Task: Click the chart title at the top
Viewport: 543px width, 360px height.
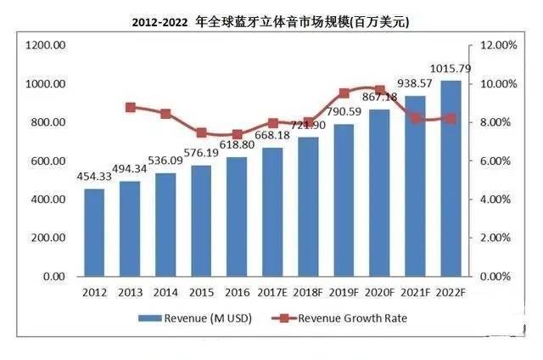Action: pos(271,20)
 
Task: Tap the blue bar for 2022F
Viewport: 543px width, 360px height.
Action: pos(451,178)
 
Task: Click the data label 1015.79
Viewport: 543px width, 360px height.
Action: pos(451,67)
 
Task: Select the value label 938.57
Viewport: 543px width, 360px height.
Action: pos(416,84)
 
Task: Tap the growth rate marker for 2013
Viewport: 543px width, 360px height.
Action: pos(130,108)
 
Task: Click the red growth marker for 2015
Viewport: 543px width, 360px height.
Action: pos(201,132)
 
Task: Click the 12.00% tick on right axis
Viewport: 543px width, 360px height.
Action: pos(496,45)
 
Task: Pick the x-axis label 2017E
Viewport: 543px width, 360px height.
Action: pos(272,293)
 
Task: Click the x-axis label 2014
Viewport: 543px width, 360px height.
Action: pos(165,293)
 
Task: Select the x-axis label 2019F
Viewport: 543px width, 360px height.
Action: pos(344,293)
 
